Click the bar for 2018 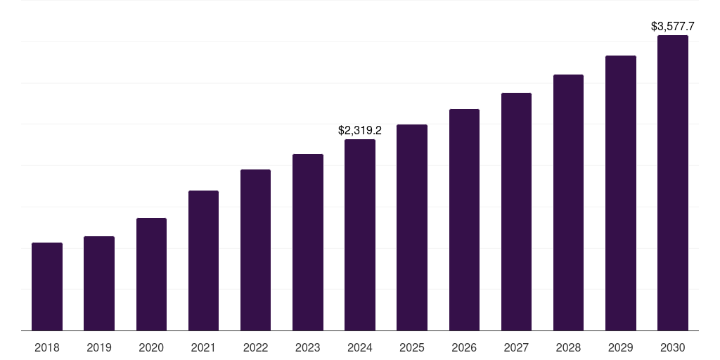(47, 287)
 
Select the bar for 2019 (99, 283)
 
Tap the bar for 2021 (203, 261)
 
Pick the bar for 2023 (308, 243)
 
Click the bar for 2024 (360, 235)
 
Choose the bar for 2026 (464, 220)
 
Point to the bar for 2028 (568, 202)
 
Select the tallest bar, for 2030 (673, 183)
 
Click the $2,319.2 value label (360, 131)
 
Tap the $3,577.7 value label (673, 27)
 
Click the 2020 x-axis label (151, 347)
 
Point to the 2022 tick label (255, 347)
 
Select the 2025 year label (412, 347)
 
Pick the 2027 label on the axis (516, 347)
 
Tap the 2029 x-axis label (621, 347)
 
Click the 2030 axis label (673, 347)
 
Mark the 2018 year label (47, 347)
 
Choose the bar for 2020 (151, 274)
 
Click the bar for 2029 (621, 193)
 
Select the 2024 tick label (360, 347)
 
